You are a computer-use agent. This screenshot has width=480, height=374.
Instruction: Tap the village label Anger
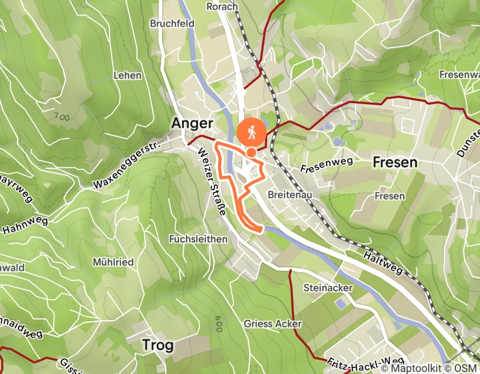(x=192, y=123)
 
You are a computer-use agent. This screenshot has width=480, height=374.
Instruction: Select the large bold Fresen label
(x=394, y=162)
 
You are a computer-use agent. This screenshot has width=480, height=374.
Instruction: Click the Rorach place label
(x=222, y=6)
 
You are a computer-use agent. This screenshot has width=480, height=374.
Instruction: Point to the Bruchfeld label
(x=172, y=24)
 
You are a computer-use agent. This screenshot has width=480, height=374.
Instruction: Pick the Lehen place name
(x=127, y=75)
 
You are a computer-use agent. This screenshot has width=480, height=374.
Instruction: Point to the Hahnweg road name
(x=25, y=225)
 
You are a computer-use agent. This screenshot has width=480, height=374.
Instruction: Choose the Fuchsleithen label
(x=198, y=239)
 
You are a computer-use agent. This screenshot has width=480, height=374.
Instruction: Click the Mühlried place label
(x=113, y=262)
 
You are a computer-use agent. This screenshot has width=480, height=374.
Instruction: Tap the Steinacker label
(x=328, y=288)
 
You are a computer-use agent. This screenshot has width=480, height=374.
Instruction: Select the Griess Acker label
(x=273, y=324)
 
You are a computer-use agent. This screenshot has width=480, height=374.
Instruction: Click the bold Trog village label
(x=158, y=345)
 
